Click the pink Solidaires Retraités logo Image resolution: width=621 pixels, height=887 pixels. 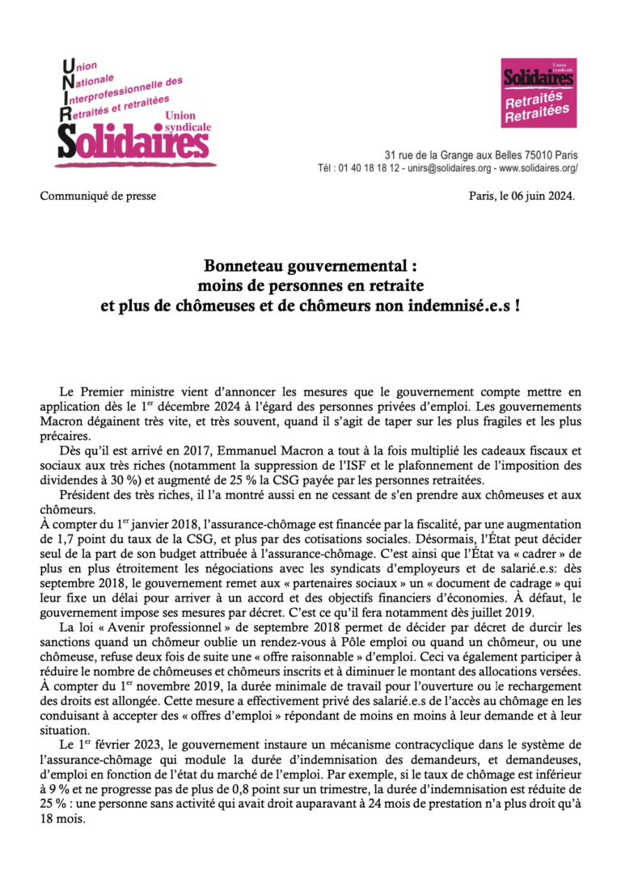(x=538, y=92)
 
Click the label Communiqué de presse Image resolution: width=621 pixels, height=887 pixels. (x=98, y=196)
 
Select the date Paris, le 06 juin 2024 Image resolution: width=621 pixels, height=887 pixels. (x=522, y=196)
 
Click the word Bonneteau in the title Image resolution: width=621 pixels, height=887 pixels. (x=243, y=266)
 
